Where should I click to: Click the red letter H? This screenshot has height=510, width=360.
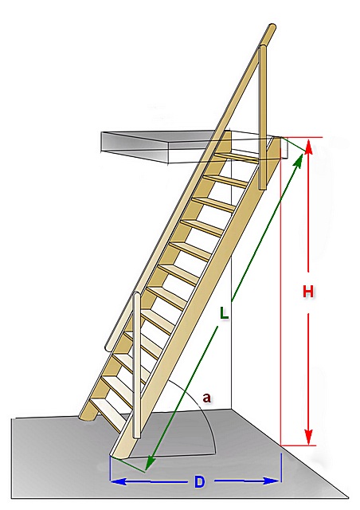308,292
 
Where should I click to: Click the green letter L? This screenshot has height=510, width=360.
224,313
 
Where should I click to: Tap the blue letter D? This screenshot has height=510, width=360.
199,481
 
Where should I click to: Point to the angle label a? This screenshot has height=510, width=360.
206,398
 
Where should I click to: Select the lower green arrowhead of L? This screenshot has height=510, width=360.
150,462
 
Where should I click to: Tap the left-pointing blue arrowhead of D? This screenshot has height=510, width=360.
119,481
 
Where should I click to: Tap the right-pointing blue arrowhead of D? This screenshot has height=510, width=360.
272,481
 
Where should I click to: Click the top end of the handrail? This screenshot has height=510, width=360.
271,29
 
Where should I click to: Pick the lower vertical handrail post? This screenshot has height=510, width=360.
137,365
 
